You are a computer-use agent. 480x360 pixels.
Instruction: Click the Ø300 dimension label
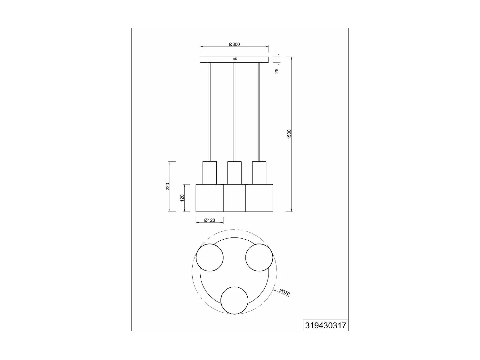tap(234, 44)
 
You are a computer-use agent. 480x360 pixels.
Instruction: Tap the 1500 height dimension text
tap(289, 134)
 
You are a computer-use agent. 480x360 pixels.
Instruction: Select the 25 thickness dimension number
tap(277, 71)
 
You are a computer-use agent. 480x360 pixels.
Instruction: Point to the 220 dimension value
tap(168, 187)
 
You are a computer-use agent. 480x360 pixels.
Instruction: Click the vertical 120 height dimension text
tap(182, 198)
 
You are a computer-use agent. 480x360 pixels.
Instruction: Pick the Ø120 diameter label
tap(210, 220)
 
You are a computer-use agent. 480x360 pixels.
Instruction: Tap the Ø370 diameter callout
tap(284, 292)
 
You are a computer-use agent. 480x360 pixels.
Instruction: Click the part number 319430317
tap(325, 325)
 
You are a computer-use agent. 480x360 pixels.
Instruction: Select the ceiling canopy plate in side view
tap(218, 60)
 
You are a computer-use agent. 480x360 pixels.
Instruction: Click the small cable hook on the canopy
tap(235, 59)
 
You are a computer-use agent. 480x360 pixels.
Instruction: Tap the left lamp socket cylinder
tap(210, 173)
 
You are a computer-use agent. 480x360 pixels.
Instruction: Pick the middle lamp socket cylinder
tap(234, 173)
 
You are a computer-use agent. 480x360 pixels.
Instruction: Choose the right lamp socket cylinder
tap(259, 173)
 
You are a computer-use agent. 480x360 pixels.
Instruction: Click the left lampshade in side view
tap(209, 198)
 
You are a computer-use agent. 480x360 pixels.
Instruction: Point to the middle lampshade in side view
tap(234, 198)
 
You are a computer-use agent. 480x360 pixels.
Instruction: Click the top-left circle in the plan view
tap(210, 258)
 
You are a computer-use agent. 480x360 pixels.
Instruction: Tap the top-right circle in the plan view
tap(259, 258)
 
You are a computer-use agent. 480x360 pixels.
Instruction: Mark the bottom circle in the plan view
tap(235, 300)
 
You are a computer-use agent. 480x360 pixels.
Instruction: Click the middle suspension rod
tap(234, 112)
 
